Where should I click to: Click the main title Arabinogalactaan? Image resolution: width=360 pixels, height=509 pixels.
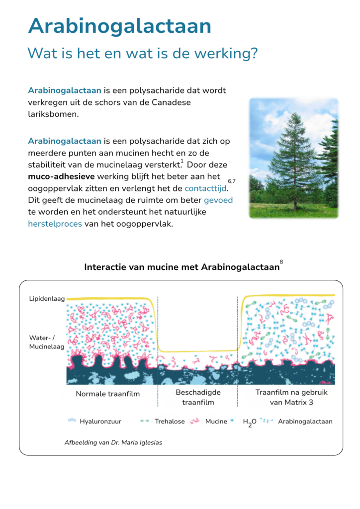[119, 26]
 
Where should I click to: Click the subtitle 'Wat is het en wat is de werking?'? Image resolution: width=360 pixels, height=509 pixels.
[142, 53]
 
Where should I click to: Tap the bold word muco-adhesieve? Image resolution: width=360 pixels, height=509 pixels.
[61, 176]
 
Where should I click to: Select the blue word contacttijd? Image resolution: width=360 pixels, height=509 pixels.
[205, 188]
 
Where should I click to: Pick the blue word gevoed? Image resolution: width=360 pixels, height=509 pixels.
[218, 200]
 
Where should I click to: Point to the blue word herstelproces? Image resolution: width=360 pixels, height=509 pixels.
[55, 224]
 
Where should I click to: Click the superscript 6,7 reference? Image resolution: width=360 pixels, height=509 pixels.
[232, 181]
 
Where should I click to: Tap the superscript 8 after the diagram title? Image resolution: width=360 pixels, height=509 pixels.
[281, 262]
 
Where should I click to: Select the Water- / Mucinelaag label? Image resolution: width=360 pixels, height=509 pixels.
[47, 342]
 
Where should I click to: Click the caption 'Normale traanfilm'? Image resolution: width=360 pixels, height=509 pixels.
[107, 394]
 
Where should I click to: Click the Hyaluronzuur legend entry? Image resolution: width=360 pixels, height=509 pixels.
[100, 422]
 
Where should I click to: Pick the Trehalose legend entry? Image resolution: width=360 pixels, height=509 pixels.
[170, 422]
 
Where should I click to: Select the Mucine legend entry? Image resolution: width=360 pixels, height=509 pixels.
[216, 422]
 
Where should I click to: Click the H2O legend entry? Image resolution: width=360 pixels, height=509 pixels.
[249, 422]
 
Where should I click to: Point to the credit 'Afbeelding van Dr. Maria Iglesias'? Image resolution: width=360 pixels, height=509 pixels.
[113, 442]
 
